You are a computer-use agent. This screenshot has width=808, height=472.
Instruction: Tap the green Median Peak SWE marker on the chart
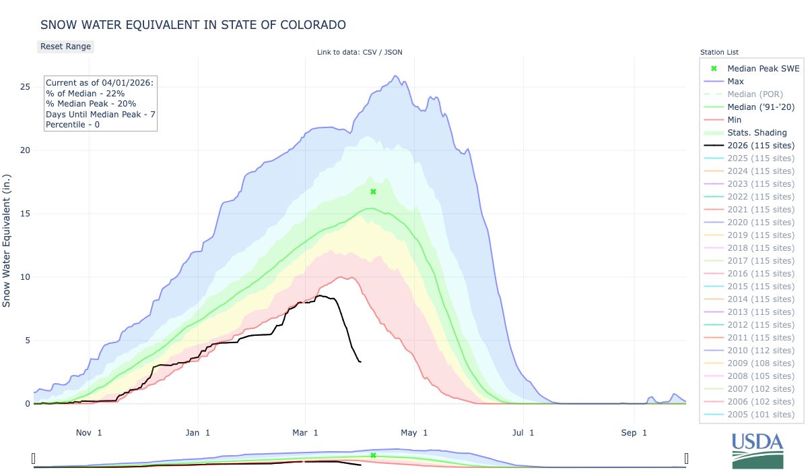click(x=373, y=191)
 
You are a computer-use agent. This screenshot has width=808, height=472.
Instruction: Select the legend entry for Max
click(x=735, y=82)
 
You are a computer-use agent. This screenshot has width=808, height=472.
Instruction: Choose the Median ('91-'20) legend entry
click(x=760, y=107)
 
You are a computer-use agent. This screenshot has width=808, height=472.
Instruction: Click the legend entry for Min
click(x=735, y=120)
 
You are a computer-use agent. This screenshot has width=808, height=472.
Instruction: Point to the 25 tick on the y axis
click(x=25, y=87)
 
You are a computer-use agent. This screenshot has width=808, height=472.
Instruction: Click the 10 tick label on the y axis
click(x=25, y=277)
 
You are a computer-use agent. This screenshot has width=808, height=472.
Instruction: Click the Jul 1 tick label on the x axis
click(x=522, y=432)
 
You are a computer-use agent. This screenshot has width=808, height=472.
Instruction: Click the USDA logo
click(x=758, y=449)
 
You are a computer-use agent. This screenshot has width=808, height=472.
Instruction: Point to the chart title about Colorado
click(x=193, y=25)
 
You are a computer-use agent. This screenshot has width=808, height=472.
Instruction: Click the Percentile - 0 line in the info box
click(x=72, y=125)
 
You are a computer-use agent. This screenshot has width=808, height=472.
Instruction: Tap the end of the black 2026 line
click(x=361, y=362)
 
